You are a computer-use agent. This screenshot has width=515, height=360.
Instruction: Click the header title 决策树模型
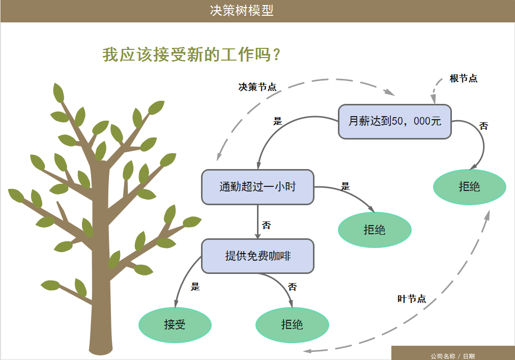(x=242, y=11)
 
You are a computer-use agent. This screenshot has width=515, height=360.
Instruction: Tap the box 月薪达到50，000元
(x=395, y=122)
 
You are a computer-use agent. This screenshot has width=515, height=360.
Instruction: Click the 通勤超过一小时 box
(x=257, y=187)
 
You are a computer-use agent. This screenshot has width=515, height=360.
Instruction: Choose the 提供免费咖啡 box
(x=257, y=256)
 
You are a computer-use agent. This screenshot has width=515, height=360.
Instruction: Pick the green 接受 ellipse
(x=175, y=325)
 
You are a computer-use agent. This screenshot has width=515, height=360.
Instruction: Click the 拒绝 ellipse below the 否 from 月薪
(x=469, y=187)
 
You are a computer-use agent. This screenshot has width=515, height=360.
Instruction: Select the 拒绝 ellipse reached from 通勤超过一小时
(x=375, y=230)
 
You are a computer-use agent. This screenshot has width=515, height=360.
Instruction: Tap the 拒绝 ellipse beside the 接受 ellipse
(x=292, y=325)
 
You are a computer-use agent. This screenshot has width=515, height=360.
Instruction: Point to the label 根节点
(x=463, y=78)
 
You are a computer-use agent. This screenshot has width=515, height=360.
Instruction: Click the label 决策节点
(x=257, y=87)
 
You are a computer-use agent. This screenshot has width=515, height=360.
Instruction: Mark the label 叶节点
(x=411, y=299)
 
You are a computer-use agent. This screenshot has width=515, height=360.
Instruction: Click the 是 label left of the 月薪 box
(x=277, y=121)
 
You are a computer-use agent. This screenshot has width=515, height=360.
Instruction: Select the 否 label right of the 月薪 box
(x=483, y=126)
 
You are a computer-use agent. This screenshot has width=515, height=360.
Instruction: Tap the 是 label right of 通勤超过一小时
(x=346, y=187)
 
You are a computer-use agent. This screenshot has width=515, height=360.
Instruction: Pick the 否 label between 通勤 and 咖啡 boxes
(x=266, y=225)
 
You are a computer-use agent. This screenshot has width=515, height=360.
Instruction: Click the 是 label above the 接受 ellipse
(x=195, y=287)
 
